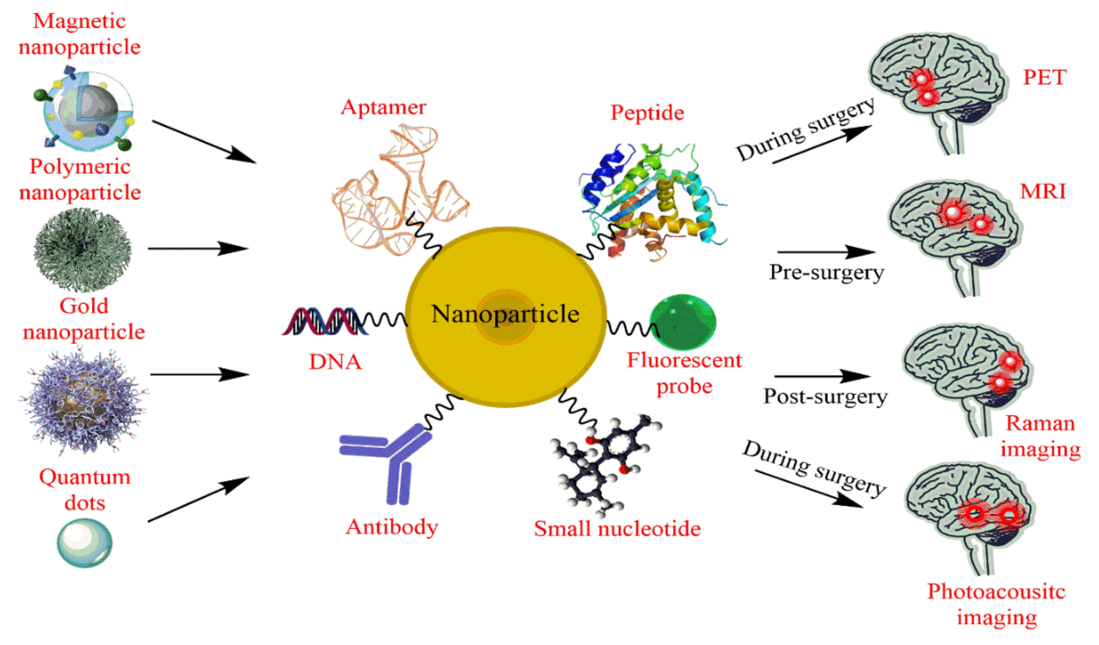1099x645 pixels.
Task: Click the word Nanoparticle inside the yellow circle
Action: [505, 314]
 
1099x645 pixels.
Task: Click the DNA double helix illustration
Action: [325, 322]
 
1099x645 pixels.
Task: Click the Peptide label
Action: [647, 113]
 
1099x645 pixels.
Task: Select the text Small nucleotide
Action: [617, 529]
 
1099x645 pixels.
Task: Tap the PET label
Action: [1045, 78]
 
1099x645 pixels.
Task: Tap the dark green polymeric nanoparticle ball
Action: [82, 249]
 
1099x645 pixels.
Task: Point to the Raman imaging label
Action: [1040, 436]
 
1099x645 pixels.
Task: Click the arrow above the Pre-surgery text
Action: [826, 252]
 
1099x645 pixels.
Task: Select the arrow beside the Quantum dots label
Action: [199, 499]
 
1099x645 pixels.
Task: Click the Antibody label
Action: [392, 527]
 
